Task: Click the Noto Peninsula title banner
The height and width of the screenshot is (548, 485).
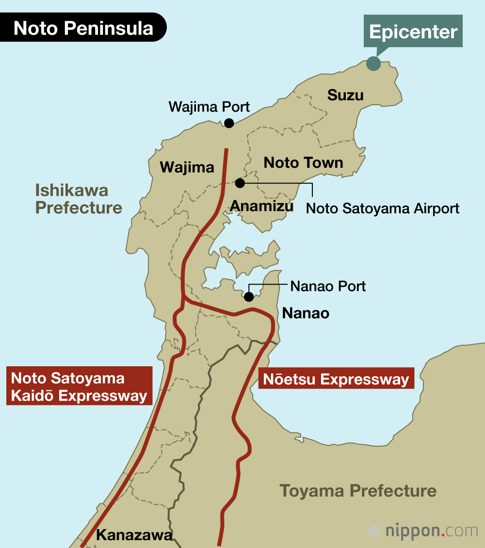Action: pos(83,28)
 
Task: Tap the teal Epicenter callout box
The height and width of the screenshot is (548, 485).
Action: pos(413,32)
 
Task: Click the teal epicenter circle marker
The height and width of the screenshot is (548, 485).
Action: pos(373,64)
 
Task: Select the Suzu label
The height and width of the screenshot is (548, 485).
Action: pos(345,95)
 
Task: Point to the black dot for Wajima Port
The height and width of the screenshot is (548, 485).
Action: pos(229,123)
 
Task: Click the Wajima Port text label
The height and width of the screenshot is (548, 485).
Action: pos(209,107)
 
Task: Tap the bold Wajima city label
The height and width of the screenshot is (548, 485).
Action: pos(187,167)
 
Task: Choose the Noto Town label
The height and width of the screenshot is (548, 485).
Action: pos(303,162)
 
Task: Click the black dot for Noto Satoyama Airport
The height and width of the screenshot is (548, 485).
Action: pos(240,183)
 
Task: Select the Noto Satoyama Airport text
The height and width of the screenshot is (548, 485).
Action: pos(383,209)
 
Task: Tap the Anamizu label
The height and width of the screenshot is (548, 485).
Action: pos(262,206)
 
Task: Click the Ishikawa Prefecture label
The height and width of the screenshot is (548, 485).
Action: pos(79,199)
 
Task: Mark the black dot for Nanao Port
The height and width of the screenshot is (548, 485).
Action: pos(249,297)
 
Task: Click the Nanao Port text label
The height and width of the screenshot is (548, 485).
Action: pos(328,286)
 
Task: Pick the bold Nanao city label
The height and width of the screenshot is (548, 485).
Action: pos(306,313)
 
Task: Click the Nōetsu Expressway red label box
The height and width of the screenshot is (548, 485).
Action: pos(336,378)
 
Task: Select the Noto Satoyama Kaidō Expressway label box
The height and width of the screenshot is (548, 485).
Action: pos(79,387)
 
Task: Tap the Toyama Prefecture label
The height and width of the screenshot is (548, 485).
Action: pos(358,490)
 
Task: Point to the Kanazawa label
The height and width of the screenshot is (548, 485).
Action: pos(134,535)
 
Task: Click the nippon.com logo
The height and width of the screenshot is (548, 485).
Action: pos(423,531)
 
